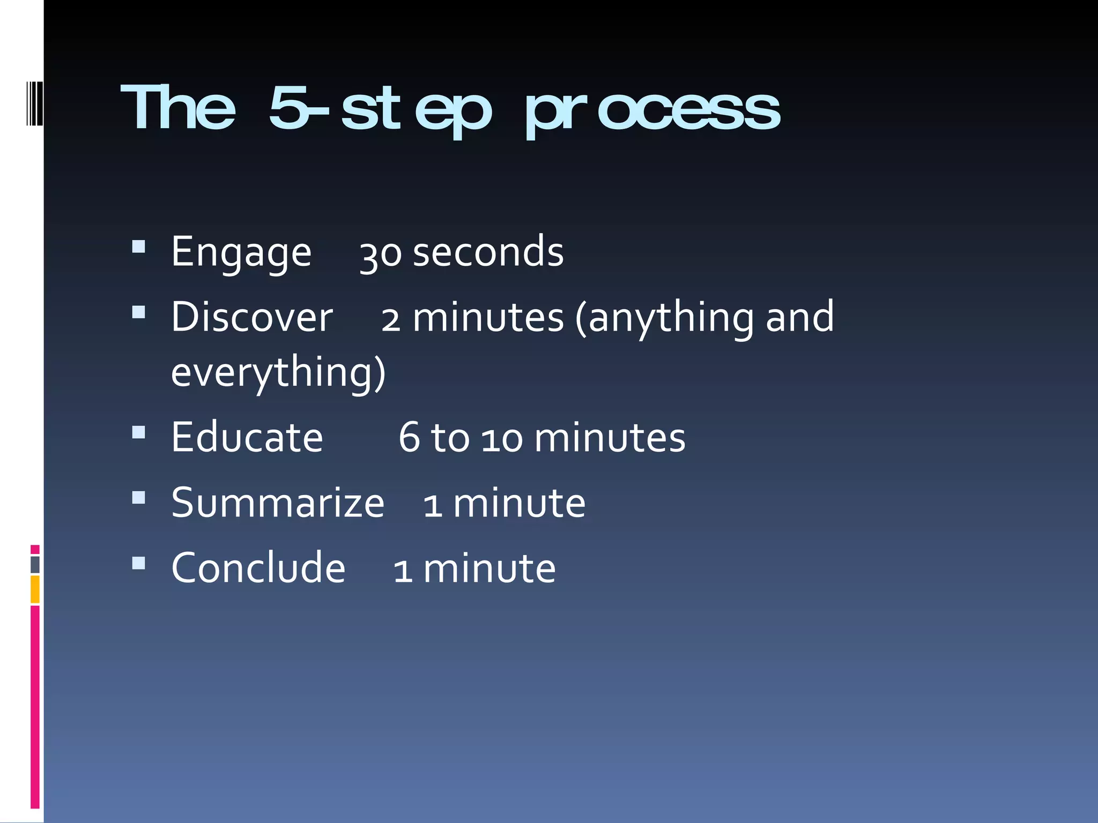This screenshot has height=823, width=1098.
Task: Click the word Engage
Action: pyautogui.click(x=241, y=253)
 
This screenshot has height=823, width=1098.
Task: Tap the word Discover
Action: pyautogui.click(x=252, y=317)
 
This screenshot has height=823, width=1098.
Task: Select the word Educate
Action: pyautogui.click(x=247, y=438)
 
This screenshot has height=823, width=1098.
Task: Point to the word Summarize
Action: pyautogui.click(x=278, y=503)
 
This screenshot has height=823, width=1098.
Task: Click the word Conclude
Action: pyautogui.click(x=258, y=568)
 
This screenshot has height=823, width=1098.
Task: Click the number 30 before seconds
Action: pyautogui.click(x=380, y=254)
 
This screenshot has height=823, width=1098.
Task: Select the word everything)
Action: pyautogui.click(x=278, y=372)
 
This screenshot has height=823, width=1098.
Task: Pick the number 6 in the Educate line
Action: pyautogui.click(x=409, y=438)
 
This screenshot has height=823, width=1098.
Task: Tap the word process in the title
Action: pyautogui.click(x=652, y=111)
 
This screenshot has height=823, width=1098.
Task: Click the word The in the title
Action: pyautogui.click(x=178, y=109)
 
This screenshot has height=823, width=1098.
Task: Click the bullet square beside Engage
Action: pyautogui.click(x=139, y=246)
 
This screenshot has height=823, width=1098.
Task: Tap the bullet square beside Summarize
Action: pyautogui.click(x=139, y=498)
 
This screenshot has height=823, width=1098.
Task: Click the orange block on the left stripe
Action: pyautogui.click(x=35, y=589)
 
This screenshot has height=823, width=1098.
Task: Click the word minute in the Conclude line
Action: pyautogui.click(x=489, y=568)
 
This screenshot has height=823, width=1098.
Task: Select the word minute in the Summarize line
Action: pyautogui.click(x=519, y=504)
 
